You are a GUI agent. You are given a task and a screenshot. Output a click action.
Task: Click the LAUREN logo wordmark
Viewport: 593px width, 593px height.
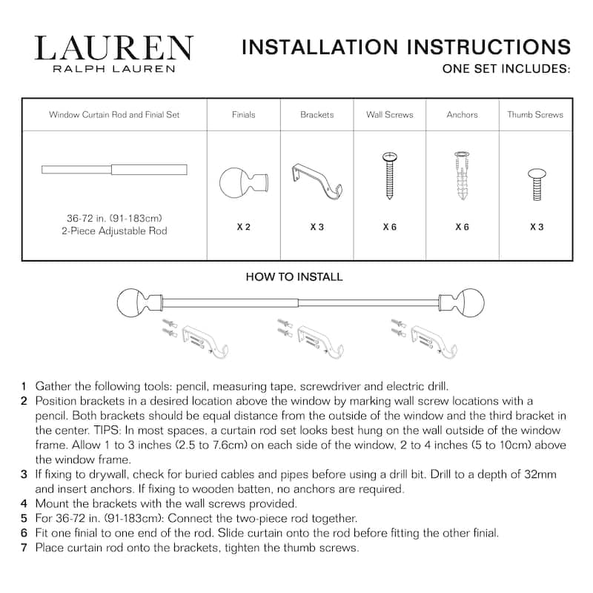tap(113, 49)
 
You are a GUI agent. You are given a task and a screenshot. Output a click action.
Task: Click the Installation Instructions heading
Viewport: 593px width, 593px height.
tap(406, 47)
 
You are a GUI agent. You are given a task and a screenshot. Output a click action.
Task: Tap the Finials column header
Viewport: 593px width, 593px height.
tap(243, 115)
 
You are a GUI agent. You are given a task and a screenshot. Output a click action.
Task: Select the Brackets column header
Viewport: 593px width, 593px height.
tap(317, 115)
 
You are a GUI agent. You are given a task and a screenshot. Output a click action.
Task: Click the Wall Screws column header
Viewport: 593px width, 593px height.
tap(389, 115)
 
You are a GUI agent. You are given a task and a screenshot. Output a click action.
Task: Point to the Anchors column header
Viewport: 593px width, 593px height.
tap(462, 115)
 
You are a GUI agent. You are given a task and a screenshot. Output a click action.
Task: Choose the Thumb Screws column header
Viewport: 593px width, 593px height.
tap(534, 115)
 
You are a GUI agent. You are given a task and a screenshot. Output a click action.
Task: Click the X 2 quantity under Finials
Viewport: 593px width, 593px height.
tap(243, 227)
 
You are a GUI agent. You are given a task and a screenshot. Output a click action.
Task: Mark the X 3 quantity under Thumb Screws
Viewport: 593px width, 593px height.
tap(536, 227)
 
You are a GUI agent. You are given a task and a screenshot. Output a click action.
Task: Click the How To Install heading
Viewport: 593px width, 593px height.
tap(294, 277)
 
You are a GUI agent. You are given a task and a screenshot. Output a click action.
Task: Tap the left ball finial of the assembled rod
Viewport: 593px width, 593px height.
tap(133, 302)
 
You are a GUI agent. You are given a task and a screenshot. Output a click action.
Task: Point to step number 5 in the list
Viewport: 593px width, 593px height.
tap(24, 518)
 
